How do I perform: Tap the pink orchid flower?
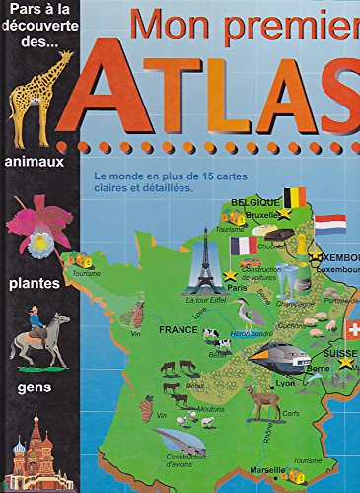(x=38, y=226)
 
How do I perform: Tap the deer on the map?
(x=263, y=399)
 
